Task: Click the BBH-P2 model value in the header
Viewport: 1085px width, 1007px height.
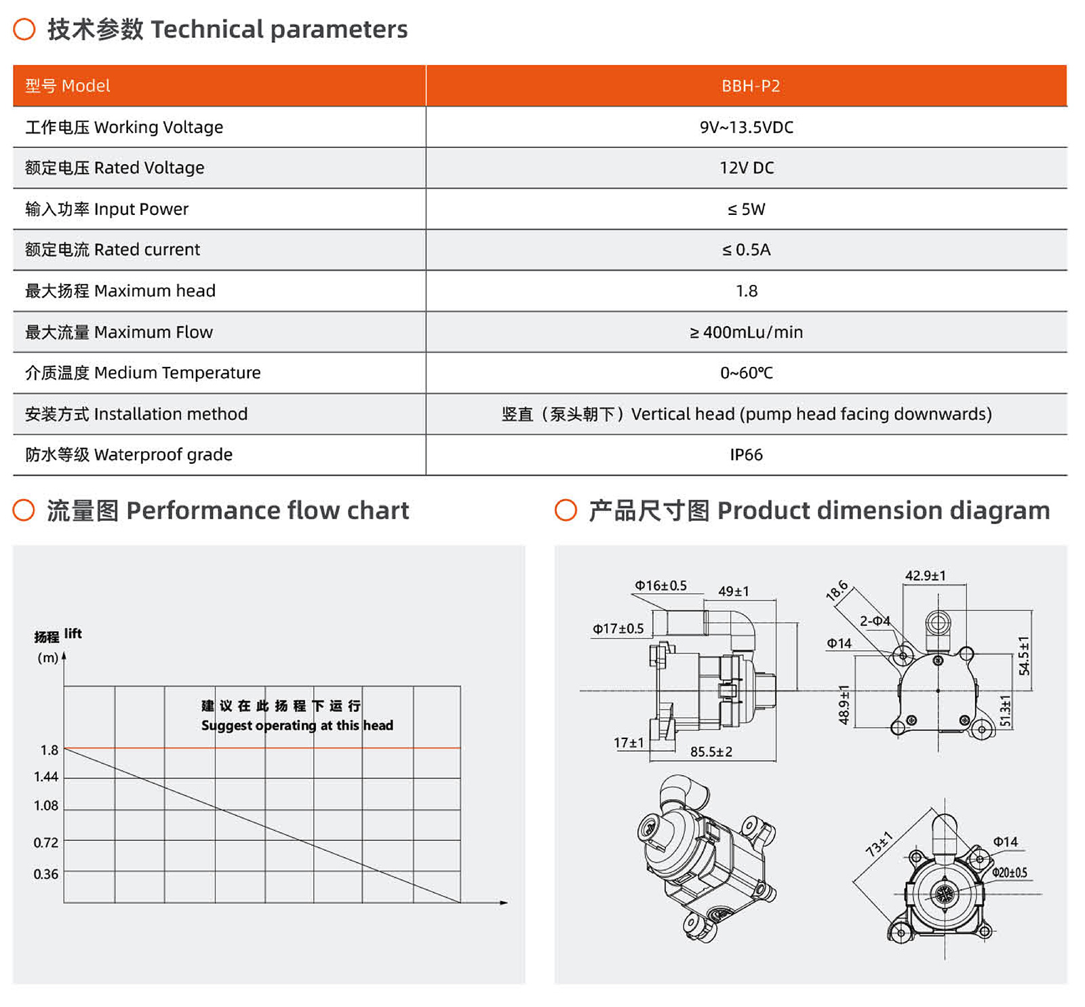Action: click(750, 86)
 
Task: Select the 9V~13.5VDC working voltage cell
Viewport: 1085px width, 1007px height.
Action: click(746, 127)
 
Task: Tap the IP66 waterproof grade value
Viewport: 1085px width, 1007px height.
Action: click(746, 454)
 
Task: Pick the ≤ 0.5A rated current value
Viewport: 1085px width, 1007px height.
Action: click(746, 250)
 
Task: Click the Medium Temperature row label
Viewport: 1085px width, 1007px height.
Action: click(142, 373)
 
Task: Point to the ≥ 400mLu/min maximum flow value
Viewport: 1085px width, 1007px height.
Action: click(746, 332)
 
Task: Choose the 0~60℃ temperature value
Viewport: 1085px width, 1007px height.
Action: click(746, 373)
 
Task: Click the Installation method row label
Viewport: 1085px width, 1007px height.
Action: click(136, 414)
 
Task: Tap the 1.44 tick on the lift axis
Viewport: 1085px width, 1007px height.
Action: click(46, 777)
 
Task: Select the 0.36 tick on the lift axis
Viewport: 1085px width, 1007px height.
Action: click(46, 874)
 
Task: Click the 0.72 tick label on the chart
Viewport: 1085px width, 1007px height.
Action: click(46, 843)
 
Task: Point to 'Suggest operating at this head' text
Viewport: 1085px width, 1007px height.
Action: click(297, 726)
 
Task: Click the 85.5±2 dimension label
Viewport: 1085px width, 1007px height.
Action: click(711, 751)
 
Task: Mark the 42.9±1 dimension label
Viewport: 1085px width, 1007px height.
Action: click(925, 576)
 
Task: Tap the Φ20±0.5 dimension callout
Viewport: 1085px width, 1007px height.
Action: click(1009, 873)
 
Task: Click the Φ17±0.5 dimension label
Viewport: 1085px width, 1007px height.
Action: click(618, 629)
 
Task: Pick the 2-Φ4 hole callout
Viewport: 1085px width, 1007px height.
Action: click(875, 621)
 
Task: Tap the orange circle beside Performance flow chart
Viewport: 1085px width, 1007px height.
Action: click(24, 511)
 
